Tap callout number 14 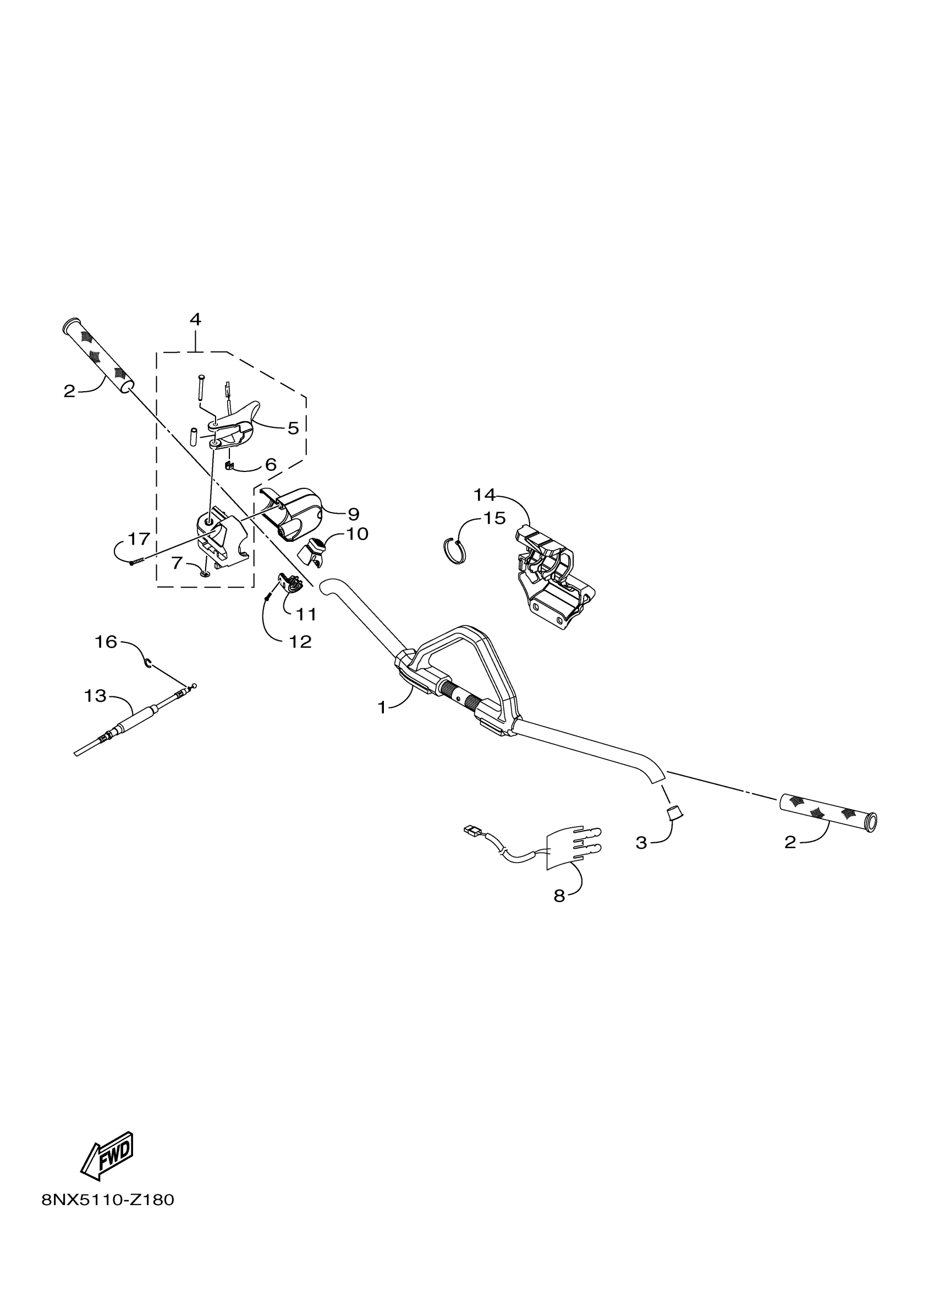click(485, 495)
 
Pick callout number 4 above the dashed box click(195, 320)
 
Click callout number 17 click(139, 538)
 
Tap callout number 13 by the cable click(95, 695)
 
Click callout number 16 click(106, 641)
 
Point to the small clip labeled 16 click(147, 662)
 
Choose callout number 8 click(559, 896)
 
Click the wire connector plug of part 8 click(471, 831)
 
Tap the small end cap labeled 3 click(674, 812)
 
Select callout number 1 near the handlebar click(382, 707)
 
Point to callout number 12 click(300, 641)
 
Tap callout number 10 click(358, 534)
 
